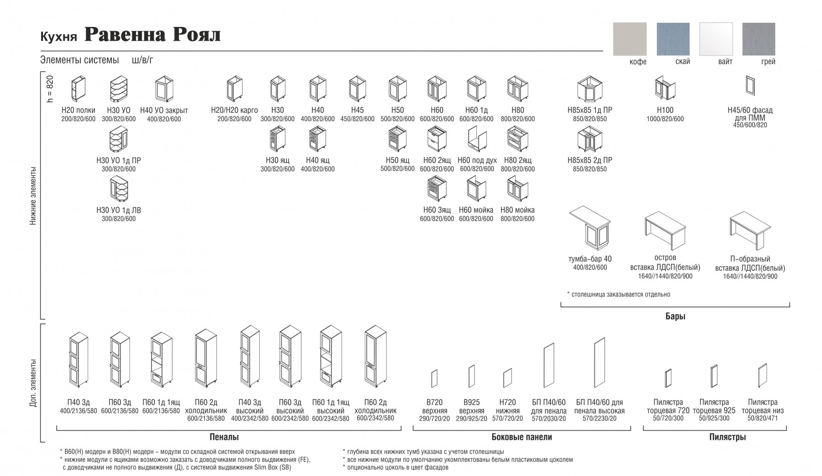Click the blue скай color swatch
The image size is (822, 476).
tap(673, 39)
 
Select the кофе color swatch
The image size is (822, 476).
tap(630, 39)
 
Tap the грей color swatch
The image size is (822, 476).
tap(759, 39)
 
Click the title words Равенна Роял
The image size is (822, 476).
tap(153, 35)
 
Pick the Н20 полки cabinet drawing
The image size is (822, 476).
tap(78, 89)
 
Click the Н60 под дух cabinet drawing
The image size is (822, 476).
tap(476, 139)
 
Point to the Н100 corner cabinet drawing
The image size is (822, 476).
tap(665, 88)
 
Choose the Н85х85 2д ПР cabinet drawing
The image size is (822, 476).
tap(590, 139)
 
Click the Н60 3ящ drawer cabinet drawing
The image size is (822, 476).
tap(437, 189)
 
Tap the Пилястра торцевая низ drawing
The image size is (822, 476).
tap(762, 376)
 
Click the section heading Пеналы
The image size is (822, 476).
tap(224, 437)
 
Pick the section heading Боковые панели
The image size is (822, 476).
tap(522, 437)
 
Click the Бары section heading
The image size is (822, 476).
tap(675, 316)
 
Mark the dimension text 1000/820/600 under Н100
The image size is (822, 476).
tap(665, 119)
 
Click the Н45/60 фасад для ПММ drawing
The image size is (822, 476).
tap(750, 86)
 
